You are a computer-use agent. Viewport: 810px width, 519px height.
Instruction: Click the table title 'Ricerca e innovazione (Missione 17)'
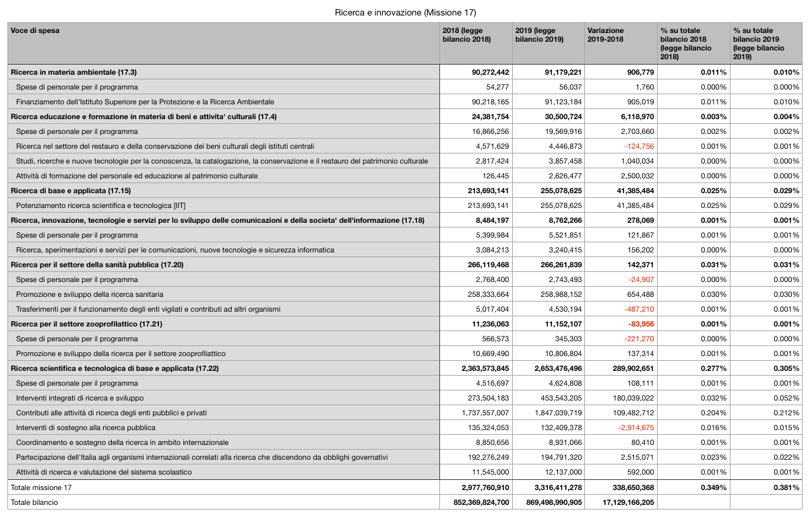405,13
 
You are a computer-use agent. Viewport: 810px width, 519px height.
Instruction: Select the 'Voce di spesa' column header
35,31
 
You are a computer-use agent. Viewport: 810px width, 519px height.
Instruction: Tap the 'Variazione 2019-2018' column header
606,35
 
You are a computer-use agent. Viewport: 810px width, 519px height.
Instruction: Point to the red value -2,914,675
631,427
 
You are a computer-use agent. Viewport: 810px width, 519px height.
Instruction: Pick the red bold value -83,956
637,324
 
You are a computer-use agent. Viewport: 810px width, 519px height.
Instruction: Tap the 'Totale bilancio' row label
34,501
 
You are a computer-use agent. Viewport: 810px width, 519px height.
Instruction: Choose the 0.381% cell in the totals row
785,487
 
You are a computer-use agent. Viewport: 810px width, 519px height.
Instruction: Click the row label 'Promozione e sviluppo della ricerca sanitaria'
90,294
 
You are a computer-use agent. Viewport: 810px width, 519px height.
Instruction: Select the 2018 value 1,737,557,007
480,413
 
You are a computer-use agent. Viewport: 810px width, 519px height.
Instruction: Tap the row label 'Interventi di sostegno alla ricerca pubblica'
86,427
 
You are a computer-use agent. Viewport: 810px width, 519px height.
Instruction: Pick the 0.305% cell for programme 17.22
785,368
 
